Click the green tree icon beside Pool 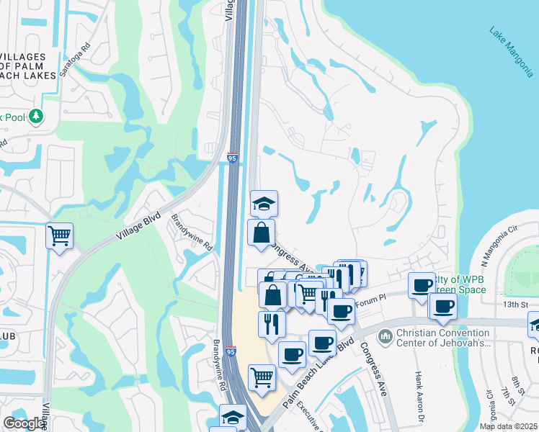pos(35,117)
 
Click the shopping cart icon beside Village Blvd pos(59,235)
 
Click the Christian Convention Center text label pos(442,338)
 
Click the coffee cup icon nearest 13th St pos(442,305)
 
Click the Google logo pos(24,423)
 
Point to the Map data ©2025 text pos(508,426)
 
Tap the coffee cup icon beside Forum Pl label pos(341,312)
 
